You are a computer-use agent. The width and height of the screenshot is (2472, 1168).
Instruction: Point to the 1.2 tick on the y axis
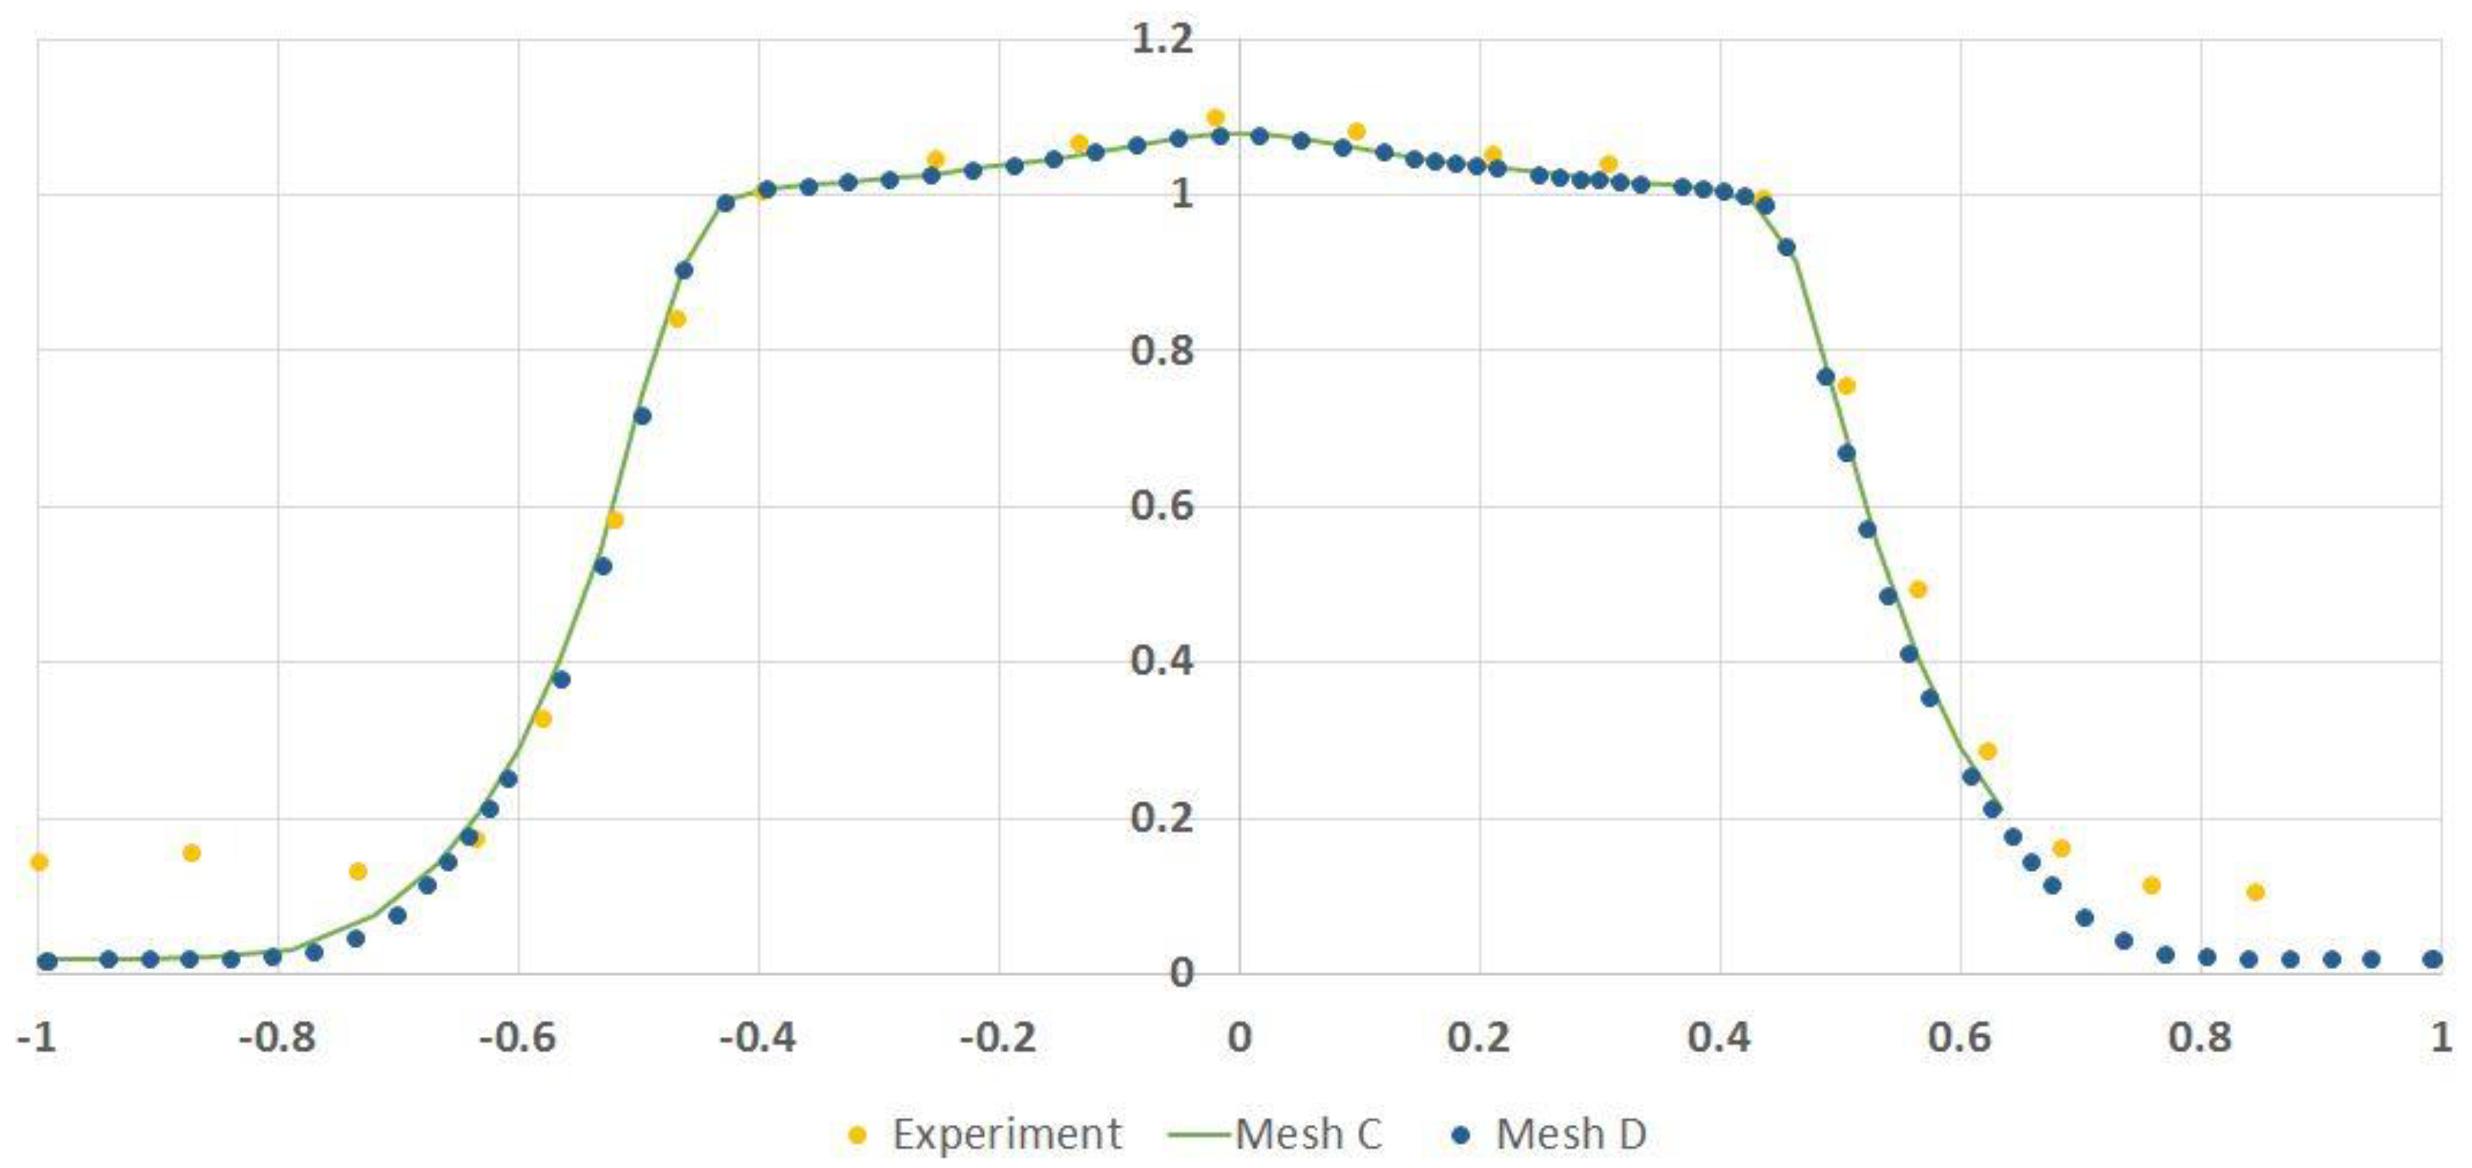point(1162,39)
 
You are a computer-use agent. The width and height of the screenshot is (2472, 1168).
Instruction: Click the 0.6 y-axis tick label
point(1162,506)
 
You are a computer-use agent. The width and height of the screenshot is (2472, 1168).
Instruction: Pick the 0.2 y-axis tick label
point(1162,818)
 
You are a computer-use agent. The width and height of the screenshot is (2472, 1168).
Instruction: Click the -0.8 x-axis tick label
point(278,1038)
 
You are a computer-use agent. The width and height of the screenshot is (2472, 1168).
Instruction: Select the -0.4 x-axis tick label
point(758,1038)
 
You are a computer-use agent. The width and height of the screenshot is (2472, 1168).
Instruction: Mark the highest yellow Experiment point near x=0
point(1215,118)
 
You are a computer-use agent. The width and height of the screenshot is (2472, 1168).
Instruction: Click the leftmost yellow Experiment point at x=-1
point(39,862)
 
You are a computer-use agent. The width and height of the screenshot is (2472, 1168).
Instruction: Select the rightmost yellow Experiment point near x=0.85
point(2255,892)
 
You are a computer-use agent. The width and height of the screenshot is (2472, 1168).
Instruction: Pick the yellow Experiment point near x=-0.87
point(191,852)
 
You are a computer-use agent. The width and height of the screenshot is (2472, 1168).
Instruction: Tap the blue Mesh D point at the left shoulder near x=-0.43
point(726,203)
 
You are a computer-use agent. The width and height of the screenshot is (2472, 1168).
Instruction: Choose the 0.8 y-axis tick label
point(1162,350)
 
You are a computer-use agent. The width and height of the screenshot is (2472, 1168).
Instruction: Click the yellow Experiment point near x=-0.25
point(936,160)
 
